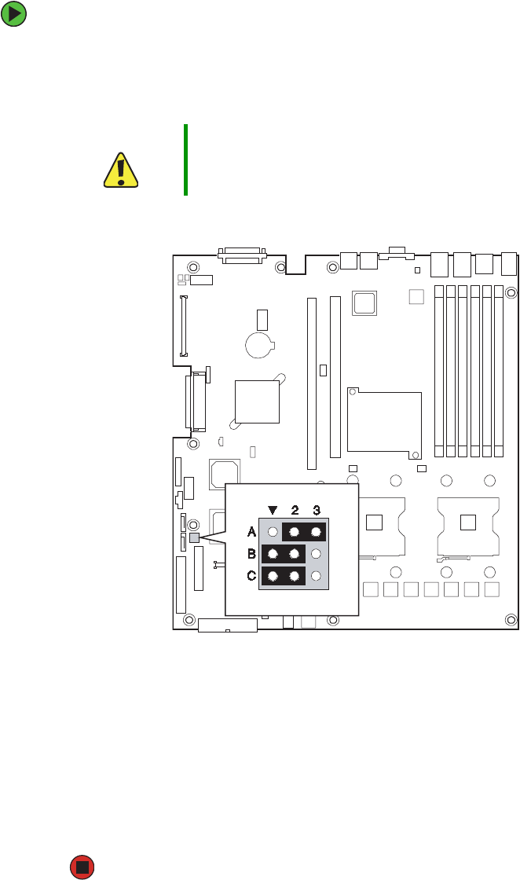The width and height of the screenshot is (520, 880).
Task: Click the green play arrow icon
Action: [14, 14]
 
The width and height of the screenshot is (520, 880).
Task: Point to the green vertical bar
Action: [186, 159]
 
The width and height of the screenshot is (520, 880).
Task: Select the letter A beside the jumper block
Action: [251, 532]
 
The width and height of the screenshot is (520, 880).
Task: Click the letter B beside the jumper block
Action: [251, 554]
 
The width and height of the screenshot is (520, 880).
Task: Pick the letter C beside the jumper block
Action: [251, 576]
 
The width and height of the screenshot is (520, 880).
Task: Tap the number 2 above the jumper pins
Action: [294, 508]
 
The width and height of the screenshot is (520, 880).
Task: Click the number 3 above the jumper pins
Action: [316, 508]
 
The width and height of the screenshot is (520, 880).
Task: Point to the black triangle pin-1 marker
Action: [273, 508]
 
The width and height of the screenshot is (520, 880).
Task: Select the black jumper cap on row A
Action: [304, 532]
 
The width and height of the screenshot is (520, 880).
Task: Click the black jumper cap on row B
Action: [283, 554]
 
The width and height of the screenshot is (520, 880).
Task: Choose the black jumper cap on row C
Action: [283, 576]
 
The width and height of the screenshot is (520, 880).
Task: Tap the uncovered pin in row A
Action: [273, 532]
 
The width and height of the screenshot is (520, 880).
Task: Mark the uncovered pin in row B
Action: [316, 554]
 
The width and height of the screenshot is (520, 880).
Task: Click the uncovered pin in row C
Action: [316, 576]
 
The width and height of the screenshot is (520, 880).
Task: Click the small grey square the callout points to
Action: [194, 537]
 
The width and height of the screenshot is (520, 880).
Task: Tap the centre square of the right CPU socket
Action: [468, 522]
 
